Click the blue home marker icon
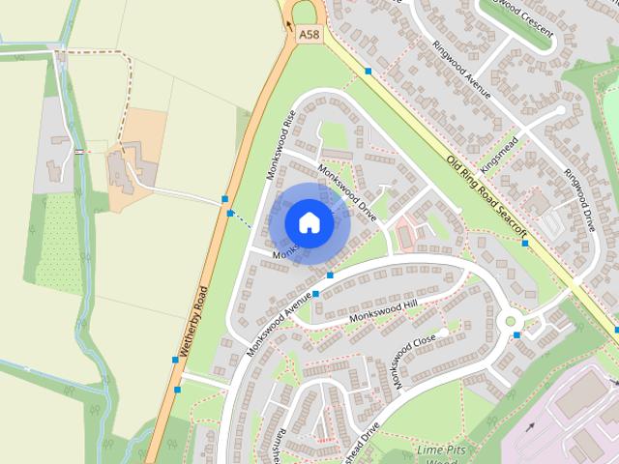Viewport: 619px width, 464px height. click(x=309, y=222)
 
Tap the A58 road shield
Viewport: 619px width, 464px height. click(x=309, y=34)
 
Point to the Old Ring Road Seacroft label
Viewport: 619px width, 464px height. click(x=492, y=193)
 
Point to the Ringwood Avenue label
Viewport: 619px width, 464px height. click(x=462, y=70)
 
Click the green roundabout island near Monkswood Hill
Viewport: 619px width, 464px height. click(x=508, y=321)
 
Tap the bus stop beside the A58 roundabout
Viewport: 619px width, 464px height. click(x=368, y=71)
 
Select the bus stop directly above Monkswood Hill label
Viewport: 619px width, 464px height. click(x=330, y=275)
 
